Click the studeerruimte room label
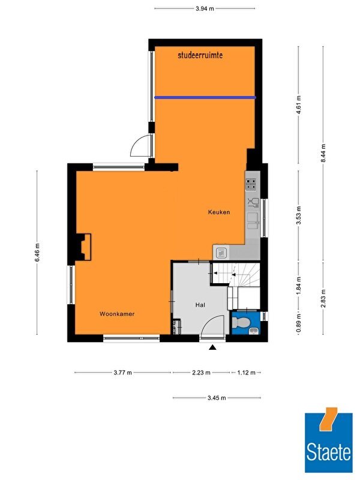tap(200, 55)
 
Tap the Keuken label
tap(219, 212)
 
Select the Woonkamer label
tap(117, 314)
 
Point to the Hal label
tap(200, 305)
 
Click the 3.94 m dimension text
tap(205, 8)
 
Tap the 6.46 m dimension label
tap(37, 252)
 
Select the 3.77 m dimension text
tap(123, 373)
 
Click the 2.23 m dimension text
tap(201, 373)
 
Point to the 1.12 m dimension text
tap(246, 373)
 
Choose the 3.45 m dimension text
tap(217, 398)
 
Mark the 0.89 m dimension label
tap(299, 323)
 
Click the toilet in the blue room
tap(241, 323)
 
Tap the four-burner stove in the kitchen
tap(251, 185)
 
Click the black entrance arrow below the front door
tap(213, 347)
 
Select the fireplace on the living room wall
tap(83, 247)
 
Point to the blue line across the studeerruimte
tap(205, 97)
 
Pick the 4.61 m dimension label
tap(299, 104)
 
